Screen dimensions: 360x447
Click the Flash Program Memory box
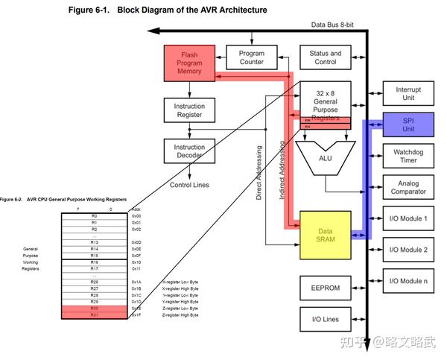point(189,62)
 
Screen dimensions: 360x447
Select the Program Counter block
point(252,57)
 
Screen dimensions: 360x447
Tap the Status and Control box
point(325,57)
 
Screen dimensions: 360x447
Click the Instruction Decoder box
point(189,151)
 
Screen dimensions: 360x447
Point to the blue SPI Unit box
point(408,124)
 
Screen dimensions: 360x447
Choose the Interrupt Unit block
point(408,94)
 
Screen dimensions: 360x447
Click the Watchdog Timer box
point(408,156)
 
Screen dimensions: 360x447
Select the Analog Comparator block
point(408,188)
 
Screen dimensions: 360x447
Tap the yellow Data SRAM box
point(325,235)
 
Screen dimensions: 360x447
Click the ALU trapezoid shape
point(325,158)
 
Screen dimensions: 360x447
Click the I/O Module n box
point(408,281)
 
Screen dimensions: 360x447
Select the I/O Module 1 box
point(408,218)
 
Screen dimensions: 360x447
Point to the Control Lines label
point(189,185)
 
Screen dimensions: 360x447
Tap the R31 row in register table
point(95,315)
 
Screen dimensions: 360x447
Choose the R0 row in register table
point(95,216)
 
